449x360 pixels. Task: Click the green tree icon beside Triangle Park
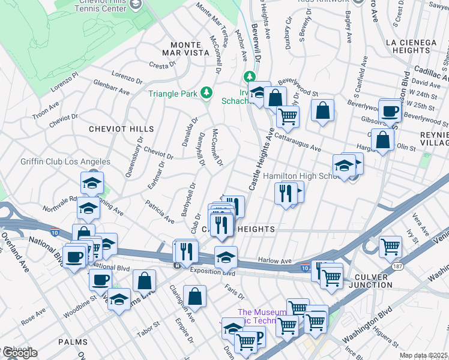(206, 92)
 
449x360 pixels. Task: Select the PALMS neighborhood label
(73, 341)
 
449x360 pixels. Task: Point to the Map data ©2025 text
(423, 356)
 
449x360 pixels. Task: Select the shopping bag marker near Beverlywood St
(322, 110)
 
